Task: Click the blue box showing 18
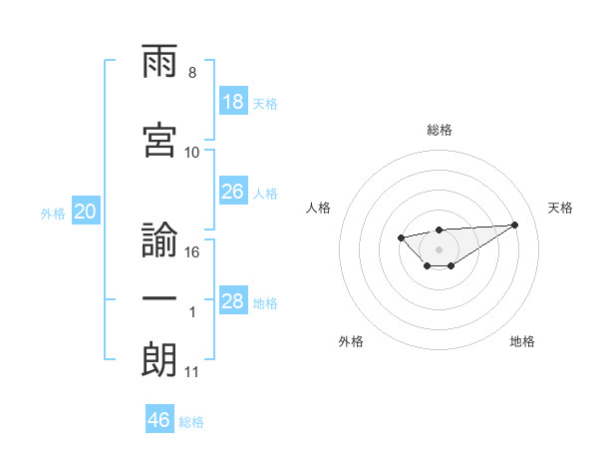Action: tap(232, 102)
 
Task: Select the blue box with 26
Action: tap(232, 192)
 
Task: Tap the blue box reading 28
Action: tap(232, 301)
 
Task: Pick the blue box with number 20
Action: tap(85, 212)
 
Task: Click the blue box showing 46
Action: tap(159, 419)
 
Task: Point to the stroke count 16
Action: tap(192, 252)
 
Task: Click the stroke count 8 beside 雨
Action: tap(191, 73)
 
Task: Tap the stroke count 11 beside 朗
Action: tap(192, 372)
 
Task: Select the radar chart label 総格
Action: tap(439, 130)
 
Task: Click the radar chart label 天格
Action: tap(561, 208)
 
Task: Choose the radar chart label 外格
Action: tap(351, 341)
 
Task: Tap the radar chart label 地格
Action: tap(522, 341)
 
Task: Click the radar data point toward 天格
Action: tap(514, 225)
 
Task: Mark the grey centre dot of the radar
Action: tap(439, 248)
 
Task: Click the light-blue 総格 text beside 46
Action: tap(191, 422)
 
